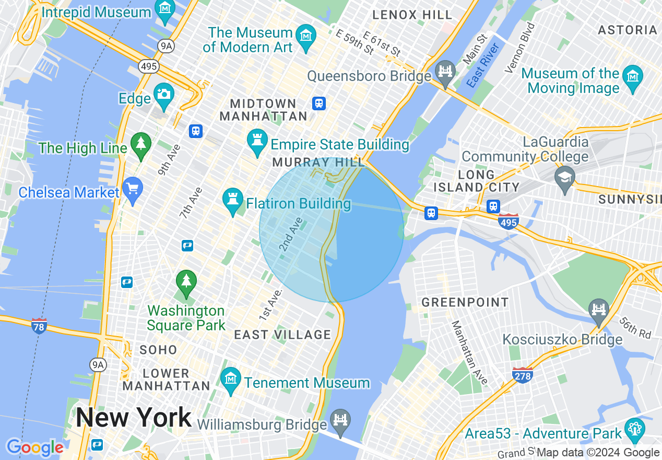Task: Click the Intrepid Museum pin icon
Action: point(165,9)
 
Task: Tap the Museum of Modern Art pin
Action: point(305,37)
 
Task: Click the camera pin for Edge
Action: point(164,95)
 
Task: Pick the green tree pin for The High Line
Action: point(140,144)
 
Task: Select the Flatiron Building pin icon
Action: point(233,200)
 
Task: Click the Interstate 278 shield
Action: point(523,375)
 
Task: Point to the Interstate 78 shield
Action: point(39,326)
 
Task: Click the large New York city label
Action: point(134,418)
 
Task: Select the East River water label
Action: point(483,65)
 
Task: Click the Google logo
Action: point(35,447)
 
